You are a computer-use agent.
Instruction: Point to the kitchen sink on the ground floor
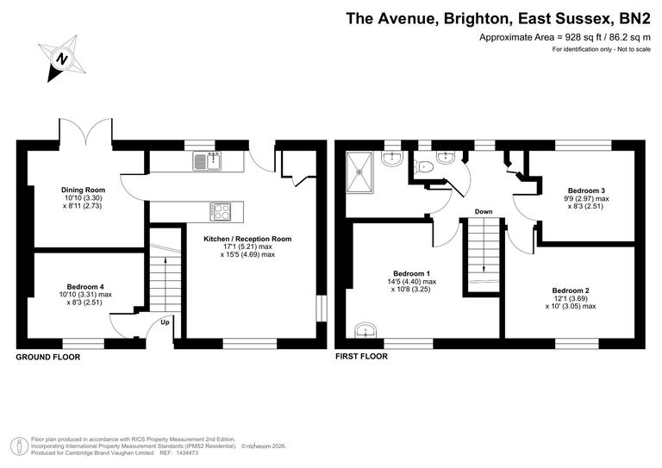point(208,160)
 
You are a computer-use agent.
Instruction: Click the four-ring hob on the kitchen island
point(221,209)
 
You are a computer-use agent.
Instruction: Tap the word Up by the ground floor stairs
point(165,323)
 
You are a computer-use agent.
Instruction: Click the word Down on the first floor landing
point(484,211)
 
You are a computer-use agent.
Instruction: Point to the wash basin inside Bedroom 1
point(366,330)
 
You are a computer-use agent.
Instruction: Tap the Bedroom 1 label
point(411,273)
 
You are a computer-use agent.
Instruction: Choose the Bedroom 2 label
point(571,290)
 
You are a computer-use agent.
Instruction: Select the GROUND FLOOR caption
point(48,356)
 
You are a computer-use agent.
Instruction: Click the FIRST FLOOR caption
point(361,356)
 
